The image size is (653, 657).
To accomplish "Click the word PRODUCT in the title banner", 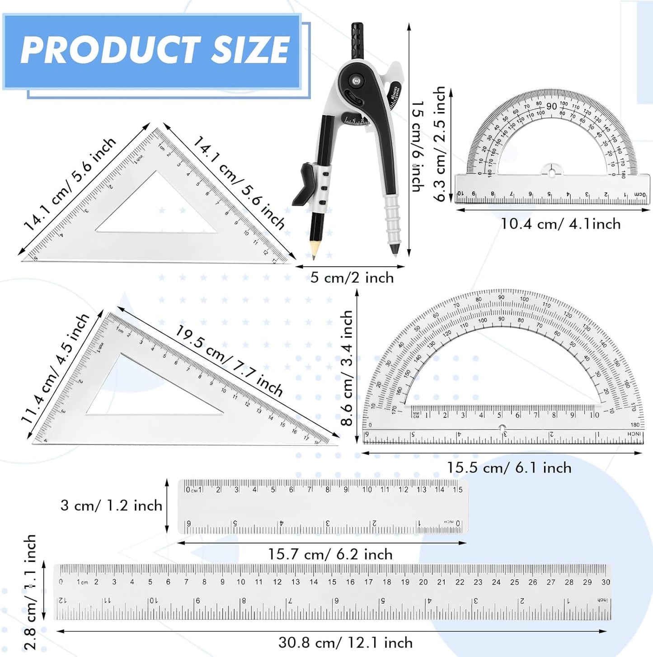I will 110,50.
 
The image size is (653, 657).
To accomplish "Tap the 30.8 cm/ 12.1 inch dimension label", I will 345,643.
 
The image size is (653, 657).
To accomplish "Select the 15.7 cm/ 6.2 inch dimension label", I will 330,554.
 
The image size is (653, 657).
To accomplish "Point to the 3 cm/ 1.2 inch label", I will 111,506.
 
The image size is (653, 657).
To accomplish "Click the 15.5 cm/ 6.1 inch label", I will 509,468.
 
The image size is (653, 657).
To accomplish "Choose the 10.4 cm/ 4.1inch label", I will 560,224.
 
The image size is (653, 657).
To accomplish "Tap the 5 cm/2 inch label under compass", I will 352,278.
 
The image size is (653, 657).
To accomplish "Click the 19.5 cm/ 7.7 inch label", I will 229,360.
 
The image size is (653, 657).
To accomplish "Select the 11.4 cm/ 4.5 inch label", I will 55,369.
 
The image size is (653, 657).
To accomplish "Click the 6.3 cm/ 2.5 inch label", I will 439,144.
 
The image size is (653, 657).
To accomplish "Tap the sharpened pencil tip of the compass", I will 314,256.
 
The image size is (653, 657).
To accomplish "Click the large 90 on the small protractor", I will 551,107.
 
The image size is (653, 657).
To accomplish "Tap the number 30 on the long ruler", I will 606,582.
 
